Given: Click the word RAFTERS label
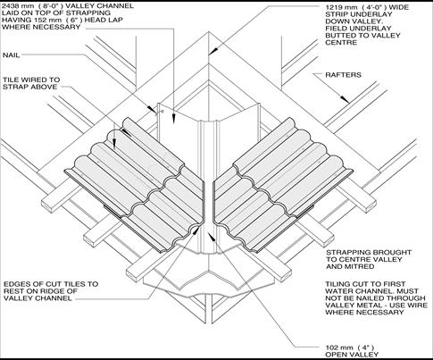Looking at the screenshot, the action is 343,75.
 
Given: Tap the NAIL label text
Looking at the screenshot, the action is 12,55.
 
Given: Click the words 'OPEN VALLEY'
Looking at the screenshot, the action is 352,355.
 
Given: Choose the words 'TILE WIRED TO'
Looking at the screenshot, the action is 31,80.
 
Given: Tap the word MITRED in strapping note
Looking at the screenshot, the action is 360,266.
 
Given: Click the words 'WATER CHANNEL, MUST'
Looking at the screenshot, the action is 371,291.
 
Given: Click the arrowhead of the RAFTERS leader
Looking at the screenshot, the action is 346,99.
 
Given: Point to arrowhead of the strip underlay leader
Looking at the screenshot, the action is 212,52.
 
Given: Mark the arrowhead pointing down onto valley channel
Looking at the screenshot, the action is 172,119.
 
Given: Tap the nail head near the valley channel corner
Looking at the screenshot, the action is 162,111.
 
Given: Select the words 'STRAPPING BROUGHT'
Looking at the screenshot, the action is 369,252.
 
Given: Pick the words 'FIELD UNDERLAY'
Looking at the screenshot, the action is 358,29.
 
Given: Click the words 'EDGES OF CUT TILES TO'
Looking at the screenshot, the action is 51,284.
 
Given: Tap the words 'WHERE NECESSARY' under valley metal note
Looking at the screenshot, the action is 364,312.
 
